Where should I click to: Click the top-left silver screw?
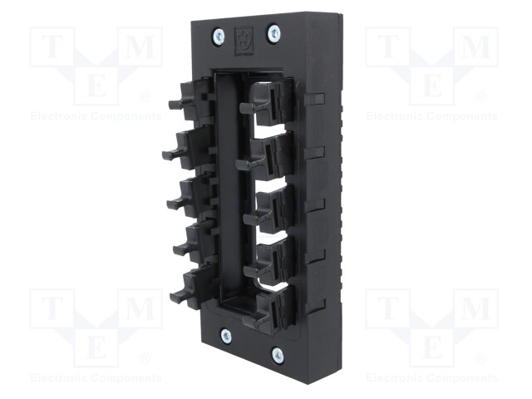[218, 35]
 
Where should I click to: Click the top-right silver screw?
[273, 33]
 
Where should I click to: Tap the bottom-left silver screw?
[226, 336]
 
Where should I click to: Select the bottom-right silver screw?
[278, 355]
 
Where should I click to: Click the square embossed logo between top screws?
[244, 40]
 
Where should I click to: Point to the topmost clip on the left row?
[192, 99]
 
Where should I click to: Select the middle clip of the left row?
[192, 198]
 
